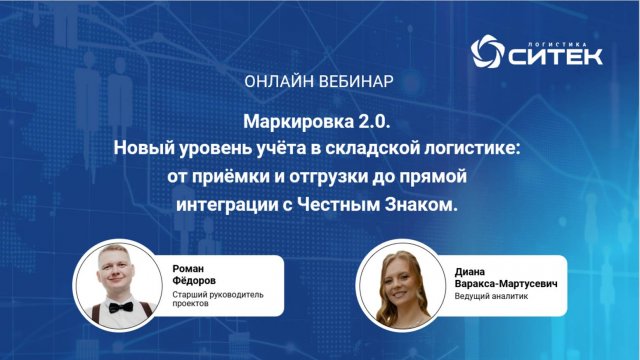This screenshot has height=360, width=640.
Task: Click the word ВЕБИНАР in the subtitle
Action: point(357,78)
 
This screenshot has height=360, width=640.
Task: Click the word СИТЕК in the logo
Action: point(554,57)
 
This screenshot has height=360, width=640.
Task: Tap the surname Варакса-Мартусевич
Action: point(506,282)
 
